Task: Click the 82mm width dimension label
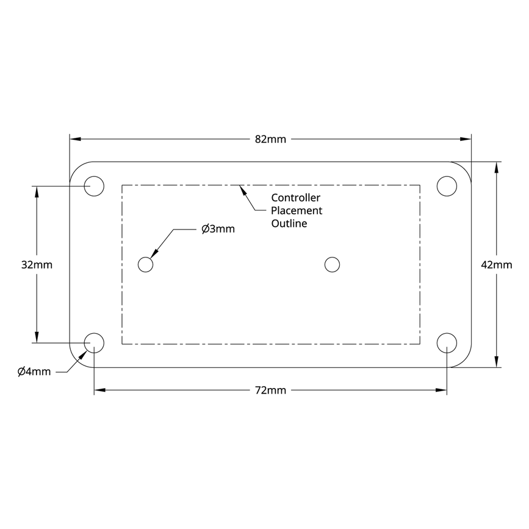270,140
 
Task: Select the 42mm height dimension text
496,265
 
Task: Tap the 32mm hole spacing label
37,265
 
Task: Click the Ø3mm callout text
218,229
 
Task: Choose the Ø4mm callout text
34,372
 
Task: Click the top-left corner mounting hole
94,185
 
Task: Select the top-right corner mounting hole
447,185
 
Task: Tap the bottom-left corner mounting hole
94,343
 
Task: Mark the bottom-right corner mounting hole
447,343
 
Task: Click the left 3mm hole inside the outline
145,264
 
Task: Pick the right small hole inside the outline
332,264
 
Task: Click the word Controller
295,198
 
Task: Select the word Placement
297,211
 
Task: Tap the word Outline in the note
289,224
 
